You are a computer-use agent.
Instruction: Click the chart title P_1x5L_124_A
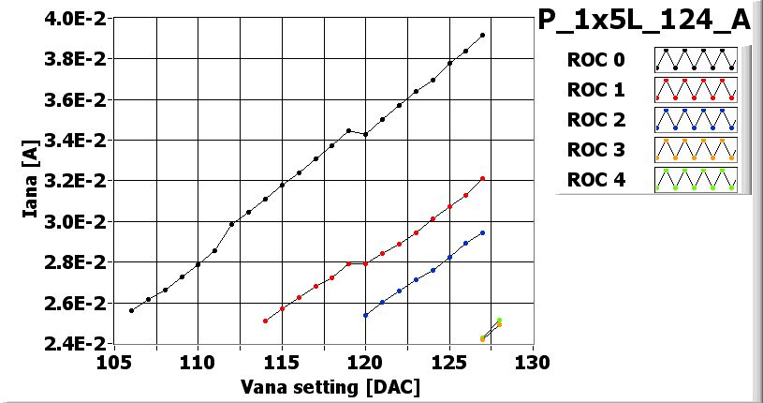click(x=645, y=21)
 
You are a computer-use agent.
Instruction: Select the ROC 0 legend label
click(x=595, y=60)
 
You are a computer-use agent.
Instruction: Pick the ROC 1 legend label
click(x=595, y=90)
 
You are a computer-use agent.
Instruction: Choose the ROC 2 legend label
click(x=595, y=119)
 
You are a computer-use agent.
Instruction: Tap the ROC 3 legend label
click(x=595, y=149)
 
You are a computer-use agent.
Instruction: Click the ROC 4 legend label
click(x=595, y=179)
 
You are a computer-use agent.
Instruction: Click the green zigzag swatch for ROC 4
click(x=696, y=179)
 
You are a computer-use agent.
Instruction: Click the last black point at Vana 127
click(x=482, y=36)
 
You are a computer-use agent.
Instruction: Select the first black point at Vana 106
click(x=131, y=310)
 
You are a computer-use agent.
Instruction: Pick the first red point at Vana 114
click(x=265, y=321)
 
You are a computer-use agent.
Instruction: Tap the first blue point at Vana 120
click(x=365, y=315)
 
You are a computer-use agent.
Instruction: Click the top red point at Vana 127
click(x=482, y=178)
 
